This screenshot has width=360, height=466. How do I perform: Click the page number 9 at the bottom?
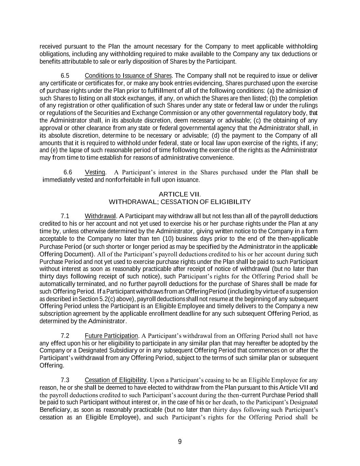click(180, 442)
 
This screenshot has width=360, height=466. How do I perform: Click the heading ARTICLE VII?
click(179, 194)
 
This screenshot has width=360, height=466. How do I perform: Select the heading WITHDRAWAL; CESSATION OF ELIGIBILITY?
click(179, 202)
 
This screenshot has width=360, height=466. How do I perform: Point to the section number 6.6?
click(68, 172)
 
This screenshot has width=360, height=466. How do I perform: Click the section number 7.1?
click(65, 216)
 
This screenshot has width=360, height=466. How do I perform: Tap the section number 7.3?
click(65, 380)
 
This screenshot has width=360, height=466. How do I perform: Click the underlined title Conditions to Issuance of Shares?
click(128, 75)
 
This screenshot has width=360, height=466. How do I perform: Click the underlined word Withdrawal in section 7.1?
click(100, 216)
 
